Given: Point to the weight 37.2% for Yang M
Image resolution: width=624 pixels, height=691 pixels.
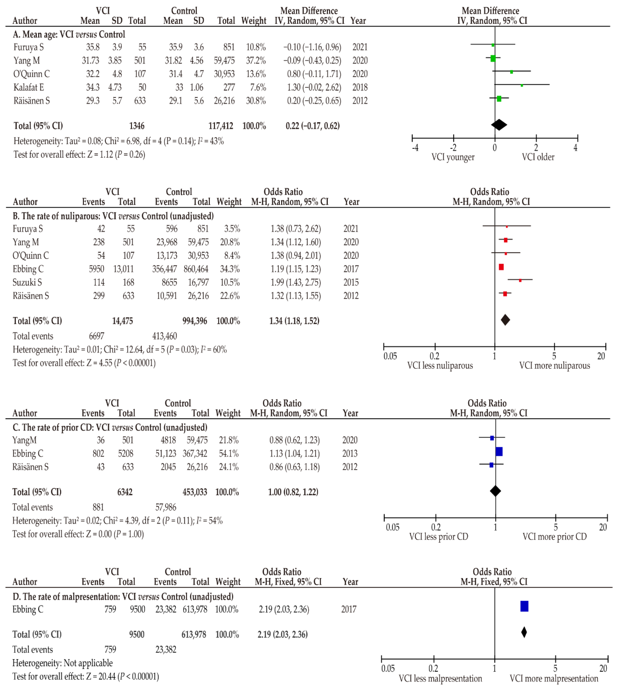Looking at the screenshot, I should (x=256, y=61).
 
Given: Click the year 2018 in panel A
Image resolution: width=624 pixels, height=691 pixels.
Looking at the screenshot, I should (x=360, y=87).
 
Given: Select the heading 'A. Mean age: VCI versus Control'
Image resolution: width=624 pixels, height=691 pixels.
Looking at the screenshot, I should (x=69, y=35).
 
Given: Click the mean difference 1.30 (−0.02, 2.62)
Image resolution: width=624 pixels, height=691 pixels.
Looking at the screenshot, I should (x=314, y=87).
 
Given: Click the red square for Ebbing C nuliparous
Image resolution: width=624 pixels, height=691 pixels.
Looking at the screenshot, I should (x=501, y=267).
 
